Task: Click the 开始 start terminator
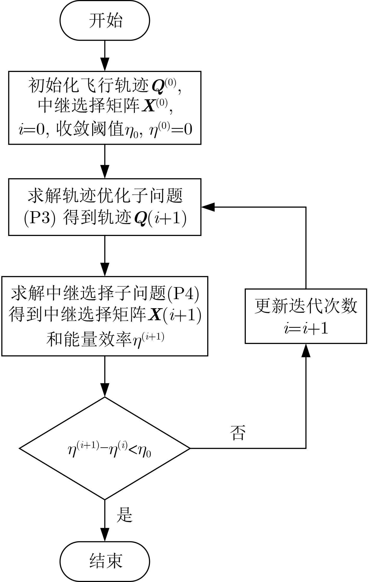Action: point(105,21)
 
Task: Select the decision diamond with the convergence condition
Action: point(105,448)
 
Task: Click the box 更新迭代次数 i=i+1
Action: point(306,316)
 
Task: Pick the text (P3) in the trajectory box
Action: point(40,219)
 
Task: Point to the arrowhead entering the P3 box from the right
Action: point(208,207)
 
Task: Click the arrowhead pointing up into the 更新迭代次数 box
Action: point(306,350)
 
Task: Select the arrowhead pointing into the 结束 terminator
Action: point(105,535)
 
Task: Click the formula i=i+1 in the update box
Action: point(306,329)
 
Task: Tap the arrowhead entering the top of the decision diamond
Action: point(105,390)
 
